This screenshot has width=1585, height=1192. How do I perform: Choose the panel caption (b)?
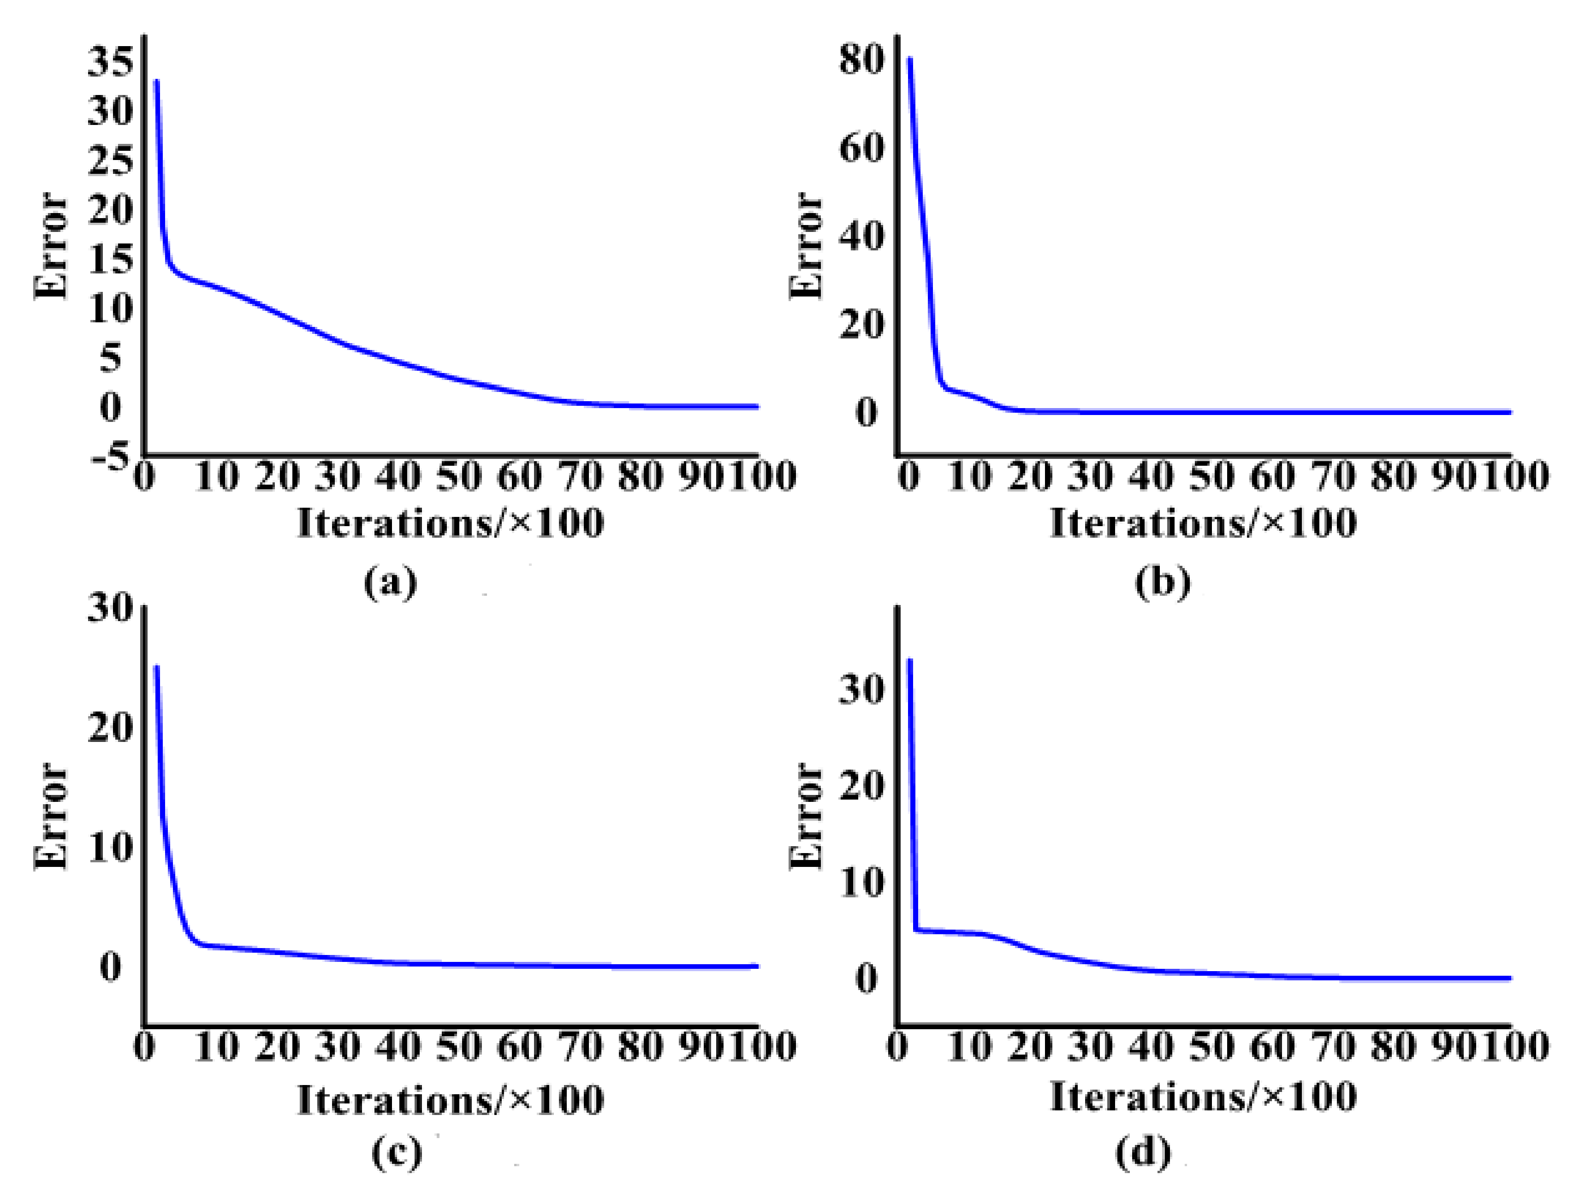[1162, 581]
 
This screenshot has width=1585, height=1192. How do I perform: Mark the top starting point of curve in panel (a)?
[156, 81]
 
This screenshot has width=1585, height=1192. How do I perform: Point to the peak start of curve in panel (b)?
[909, 59]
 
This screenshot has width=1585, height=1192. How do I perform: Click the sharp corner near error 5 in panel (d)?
[916, 930]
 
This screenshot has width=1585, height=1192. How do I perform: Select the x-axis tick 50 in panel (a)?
[458, 476]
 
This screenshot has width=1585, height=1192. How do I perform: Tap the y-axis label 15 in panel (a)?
[110, 259]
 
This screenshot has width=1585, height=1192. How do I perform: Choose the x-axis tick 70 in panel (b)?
[1334, 476]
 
